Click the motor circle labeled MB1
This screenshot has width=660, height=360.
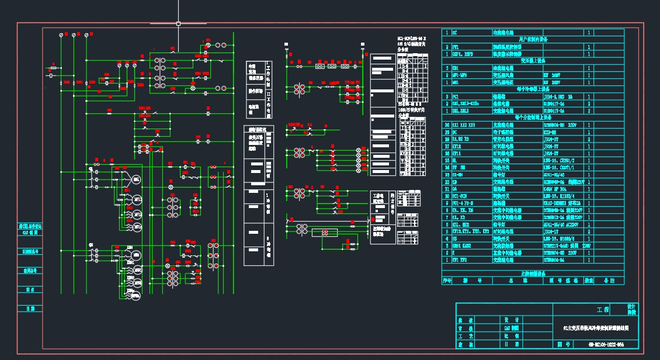(136, 178)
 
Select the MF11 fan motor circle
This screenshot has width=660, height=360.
(136, 199)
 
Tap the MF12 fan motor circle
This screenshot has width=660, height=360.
(136, 213)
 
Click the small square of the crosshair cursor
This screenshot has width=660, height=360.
(178, 24)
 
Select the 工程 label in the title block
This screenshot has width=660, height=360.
(603, 309)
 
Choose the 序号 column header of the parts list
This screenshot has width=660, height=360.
(447, 281)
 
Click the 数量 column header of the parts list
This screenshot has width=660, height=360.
(589, 281)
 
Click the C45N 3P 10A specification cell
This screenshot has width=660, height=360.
(560, 189)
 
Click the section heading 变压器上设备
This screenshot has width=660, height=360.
(533, 60)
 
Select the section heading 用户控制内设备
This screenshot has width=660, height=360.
(533, 40)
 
